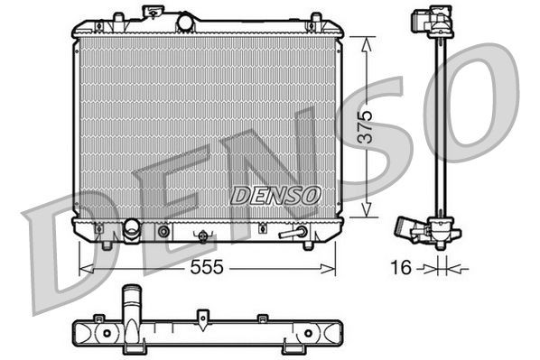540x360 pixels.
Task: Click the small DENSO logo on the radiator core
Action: [x=275, y=193]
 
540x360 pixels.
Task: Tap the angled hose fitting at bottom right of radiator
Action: [x=292, y=233]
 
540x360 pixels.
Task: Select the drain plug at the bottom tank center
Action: [x=204, y=237]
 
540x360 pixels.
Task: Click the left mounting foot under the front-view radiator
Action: [x=107, y=245]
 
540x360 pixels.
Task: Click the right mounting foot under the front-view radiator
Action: [x=307, y=245]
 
